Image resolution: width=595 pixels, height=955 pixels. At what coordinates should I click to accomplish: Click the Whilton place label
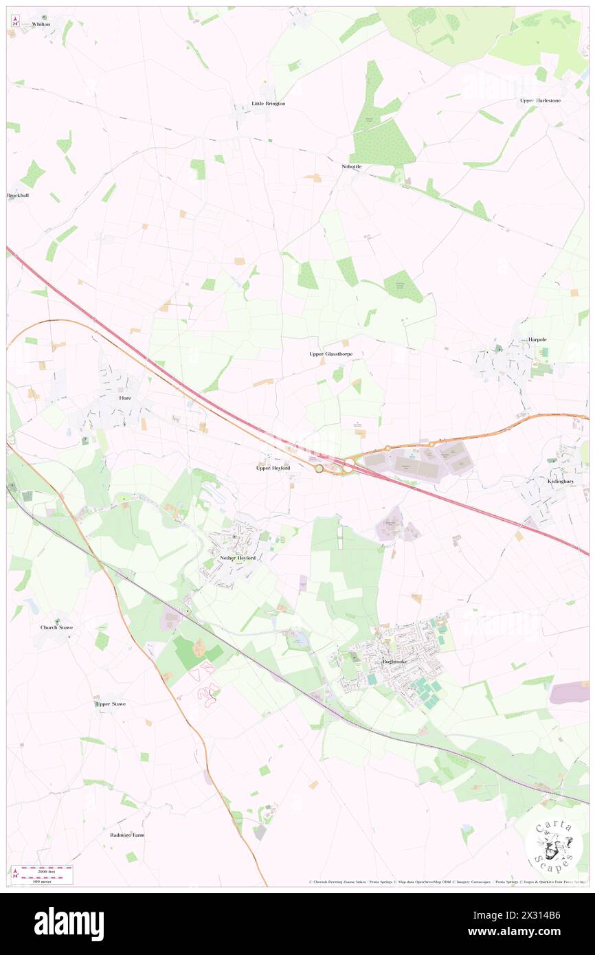click(41, 24)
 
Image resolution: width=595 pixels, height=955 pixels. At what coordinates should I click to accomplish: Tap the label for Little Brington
click(268, 104)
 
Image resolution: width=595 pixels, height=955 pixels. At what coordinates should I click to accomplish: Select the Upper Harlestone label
click(540, 100)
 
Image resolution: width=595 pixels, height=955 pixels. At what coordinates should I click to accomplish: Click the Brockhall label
click(19, 196)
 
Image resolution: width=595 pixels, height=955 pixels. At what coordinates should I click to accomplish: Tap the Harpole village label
click(537, 339)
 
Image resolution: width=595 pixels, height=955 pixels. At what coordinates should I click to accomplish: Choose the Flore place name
click(125, 398)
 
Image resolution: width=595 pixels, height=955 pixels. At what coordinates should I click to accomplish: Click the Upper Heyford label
click(273, 468)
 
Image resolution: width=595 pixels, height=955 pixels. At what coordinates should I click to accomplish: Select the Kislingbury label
click(561, 482)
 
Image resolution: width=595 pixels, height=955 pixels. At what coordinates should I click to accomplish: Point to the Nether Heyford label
click(238, 559)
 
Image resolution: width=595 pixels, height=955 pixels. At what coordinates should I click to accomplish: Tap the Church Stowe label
click(56, 628)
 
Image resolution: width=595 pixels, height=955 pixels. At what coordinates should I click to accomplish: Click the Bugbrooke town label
click(394, 662)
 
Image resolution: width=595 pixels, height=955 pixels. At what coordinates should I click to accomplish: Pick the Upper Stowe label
click(111, 704)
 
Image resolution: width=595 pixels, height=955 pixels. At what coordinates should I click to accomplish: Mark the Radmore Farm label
click(128, 835)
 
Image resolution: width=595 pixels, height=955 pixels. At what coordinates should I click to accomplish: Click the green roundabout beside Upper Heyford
click(319, 469)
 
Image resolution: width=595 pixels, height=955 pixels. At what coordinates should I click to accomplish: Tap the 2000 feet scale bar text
click(47, 871)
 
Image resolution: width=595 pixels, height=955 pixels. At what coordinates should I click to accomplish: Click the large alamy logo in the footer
click(69, 924)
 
